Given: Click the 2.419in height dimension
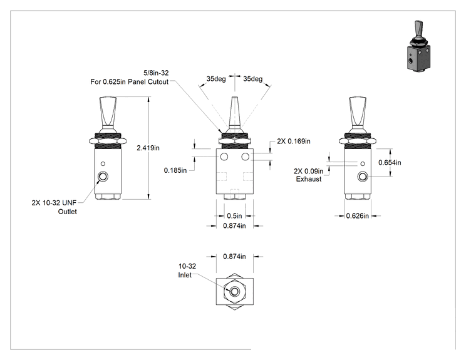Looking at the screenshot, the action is point(148,148).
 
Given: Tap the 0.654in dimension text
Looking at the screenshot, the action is point(390,163).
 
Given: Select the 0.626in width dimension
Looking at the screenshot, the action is point(357,216).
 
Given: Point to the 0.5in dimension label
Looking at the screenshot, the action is point(234,215).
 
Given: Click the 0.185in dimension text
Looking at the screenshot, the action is point(175,170).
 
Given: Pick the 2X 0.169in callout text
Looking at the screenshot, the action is point(294,141).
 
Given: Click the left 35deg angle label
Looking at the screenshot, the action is point(216,79).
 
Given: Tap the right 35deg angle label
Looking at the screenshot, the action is point(253,79).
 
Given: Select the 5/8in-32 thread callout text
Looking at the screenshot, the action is point(156,73).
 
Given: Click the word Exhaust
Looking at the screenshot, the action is point(309,179).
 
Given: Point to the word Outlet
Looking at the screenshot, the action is point(68,212).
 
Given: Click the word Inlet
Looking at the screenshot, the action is point(185,275).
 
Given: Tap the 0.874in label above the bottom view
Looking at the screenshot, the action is point(234,256).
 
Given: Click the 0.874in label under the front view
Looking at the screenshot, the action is point(234,226).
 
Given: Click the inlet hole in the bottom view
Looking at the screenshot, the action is point(235,291).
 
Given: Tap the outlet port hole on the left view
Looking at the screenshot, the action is point(103,177).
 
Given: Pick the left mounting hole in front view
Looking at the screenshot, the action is point(224,157).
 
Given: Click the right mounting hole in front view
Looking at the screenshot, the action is point(246,157).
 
